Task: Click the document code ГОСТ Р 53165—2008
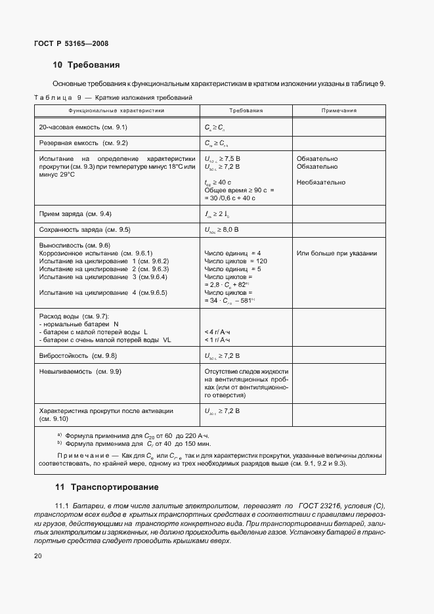pyautogui.click(x=70, y=43)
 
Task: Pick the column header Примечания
pyautogui.click(x=339, y=111)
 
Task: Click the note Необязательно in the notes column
pyautogui.click(x=321, y=183)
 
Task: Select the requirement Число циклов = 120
pyautogui.click(x=235, y=261)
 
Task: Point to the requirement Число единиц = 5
pyautogui.click(x=232, y=269)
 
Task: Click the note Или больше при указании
pyautogui.click(x=337, y=253)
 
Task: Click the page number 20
pyautogui.click(x=37, y=557)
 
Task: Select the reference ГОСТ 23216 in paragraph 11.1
pyautogui.click(x=320, y=505)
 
